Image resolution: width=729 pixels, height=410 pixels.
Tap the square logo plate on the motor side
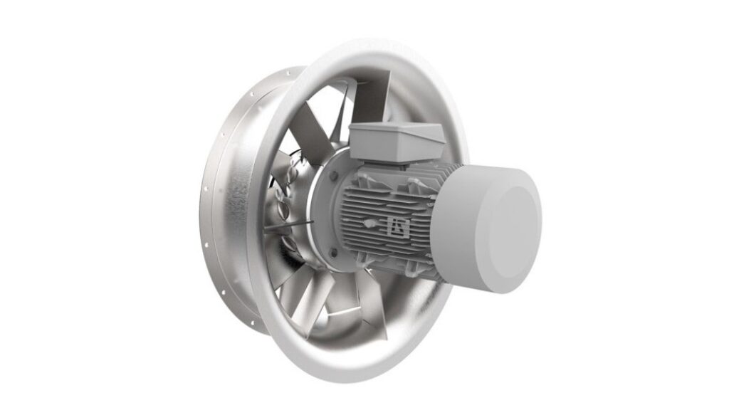point(395,226)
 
